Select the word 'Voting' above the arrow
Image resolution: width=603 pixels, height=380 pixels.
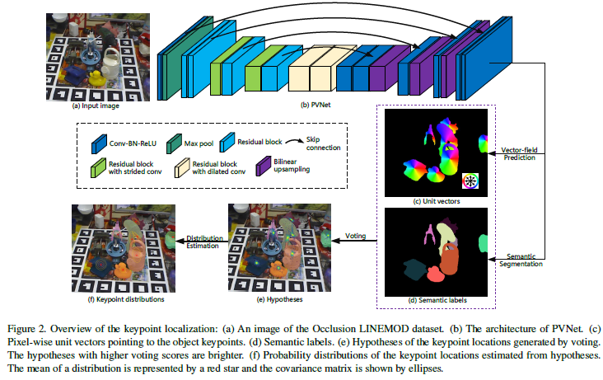(356, 234)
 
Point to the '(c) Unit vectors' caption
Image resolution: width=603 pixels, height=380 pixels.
(435, 200)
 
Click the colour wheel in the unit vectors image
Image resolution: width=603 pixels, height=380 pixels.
(471, 181)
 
